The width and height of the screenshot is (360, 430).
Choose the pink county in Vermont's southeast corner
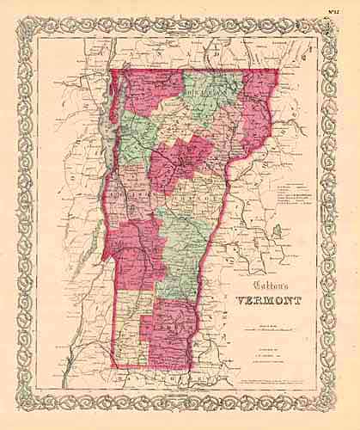coord(172,331)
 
